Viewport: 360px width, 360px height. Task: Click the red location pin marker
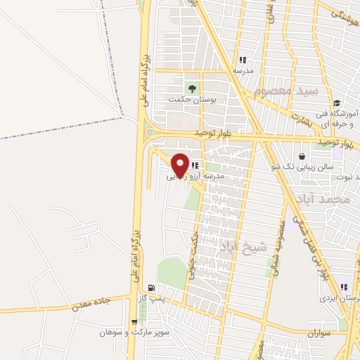coord(180,164)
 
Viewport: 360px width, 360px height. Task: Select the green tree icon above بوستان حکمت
coord(191,88)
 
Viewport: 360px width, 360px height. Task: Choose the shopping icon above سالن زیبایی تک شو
coord(302,155)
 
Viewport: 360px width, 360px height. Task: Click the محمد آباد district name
coord(324,200)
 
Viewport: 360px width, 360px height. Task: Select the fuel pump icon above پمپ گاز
coord(151,288)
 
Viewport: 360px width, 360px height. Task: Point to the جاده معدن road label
coord(91,303)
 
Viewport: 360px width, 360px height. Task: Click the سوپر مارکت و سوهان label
coord(126,332)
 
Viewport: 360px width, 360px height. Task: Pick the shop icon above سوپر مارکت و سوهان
coord(134,321)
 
